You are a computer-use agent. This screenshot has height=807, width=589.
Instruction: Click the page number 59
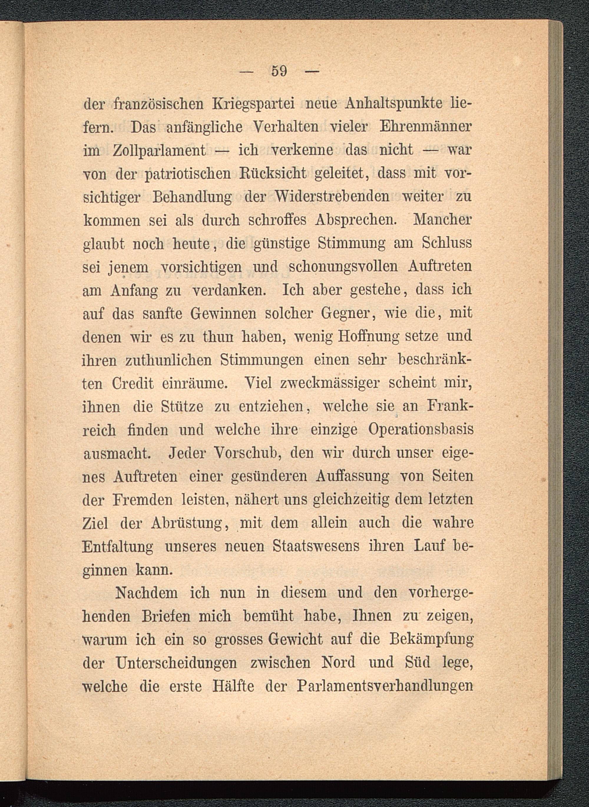click(279, 71)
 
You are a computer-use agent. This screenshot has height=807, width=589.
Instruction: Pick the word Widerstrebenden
click(332, 197)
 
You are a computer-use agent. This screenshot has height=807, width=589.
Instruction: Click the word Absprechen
click(356, 220)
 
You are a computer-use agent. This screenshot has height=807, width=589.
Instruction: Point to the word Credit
click(132, 383)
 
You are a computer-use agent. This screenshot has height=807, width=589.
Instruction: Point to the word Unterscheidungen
click(176, 663)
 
